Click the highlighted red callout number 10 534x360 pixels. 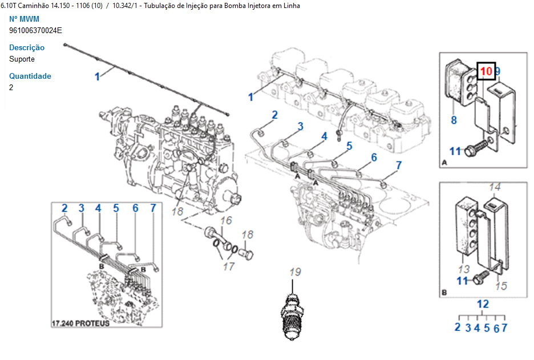tap(486, 71)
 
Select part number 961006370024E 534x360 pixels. tap(35, 30)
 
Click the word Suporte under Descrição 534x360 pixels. tap(22, 59)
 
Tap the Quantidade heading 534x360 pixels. tap(30, 76)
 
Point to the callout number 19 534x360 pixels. tap(294, 272)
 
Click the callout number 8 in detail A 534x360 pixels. tap(454, 120)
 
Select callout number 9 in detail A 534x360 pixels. tap(497, 71)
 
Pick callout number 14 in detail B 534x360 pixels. tap(495, 187)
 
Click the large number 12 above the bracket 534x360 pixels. tap(483, 304)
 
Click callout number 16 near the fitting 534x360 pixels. tap(226, 220)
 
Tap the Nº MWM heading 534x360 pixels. tap(25, 19)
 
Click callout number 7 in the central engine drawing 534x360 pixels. tap(399, 165)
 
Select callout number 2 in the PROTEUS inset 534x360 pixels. tap(64, 208)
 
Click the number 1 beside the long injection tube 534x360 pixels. tap(97, 76)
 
